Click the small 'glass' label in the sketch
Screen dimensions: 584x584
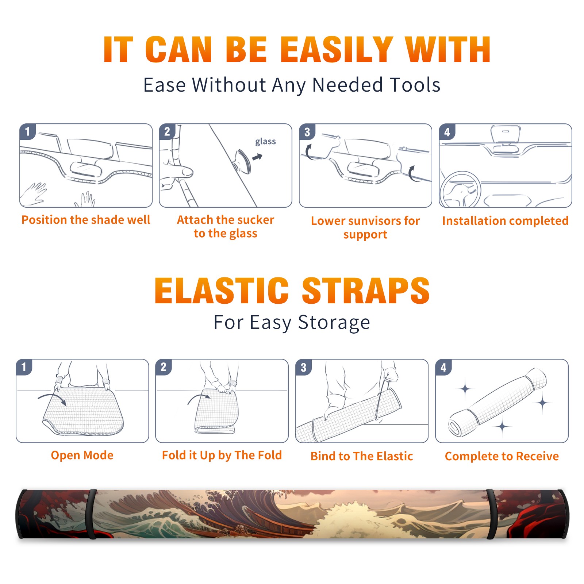[265, 142]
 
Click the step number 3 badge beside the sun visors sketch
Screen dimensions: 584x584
[307, 132]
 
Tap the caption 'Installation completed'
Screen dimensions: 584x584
[505, 221]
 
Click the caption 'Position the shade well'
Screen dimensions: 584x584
[86, 220]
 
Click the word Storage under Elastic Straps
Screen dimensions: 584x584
[334, 323]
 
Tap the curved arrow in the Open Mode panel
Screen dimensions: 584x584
[52, 399]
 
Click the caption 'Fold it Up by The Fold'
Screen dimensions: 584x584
[222, 455]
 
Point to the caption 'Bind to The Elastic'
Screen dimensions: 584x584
[362, 456]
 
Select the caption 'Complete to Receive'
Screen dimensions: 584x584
[502, 456]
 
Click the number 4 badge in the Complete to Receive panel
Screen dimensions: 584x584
[443, 367]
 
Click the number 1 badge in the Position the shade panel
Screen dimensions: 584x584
[27, 131]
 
